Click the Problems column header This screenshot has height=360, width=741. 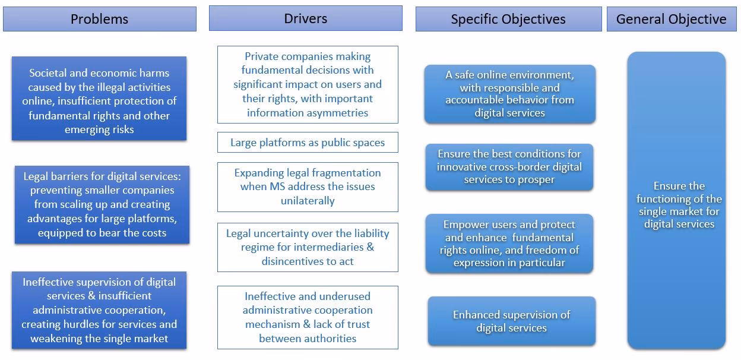pyautogui.click(x=99, y=19)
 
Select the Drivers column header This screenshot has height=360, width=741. pyautogui.click(x=305, y=18)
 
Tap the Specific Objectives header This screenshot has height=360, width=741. pyautogui.click(x=508, y=19)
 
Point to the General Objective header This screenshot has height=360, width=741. pyautogui.click(x=671, y=19)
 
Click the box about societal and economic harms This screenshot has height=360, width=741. pyautogui.click(x=99, y=99)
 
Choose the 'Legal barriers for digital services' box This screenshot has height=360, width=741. pyautogui.click(x=102, y=204)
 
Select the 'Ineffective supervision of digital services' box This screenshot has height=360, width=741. pyautogui.click(x=99, y=310)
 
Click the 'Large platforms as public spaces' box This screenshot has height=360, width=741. pyautogui.click(x=308, y=143)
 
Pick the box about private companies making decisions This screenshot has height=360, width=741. pyautogui.click(x=308, y=84)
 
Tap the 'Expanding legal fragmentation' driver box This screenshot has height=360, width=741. pyautogui.click(x=308, y=187)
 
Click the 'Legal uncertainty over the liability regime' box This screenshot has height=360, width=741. pyautogui.click(x=308, y=247)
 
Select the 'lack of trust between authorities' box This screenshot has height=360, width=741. pyautogui.click(x=308, y=317)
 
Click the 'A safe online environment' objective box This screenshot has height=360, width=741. pyautogui.click(x=509, y=94)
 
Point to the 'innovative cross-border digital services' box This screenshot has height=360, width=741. pyautogui.click(x=509, y=167)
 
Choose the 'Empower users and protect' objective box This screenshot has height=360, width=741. pyautogui.click(x=509, y=244)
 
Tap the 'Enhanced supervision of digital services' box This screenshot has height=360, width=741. pyautogui.click(x=511, y=321)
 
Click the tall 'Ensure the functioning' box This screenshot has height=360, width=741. pyautogui.click(x=676, y=200)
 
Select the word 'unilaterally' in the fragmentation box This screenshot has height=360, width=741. pyautogui.click(x=308, y=201)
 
